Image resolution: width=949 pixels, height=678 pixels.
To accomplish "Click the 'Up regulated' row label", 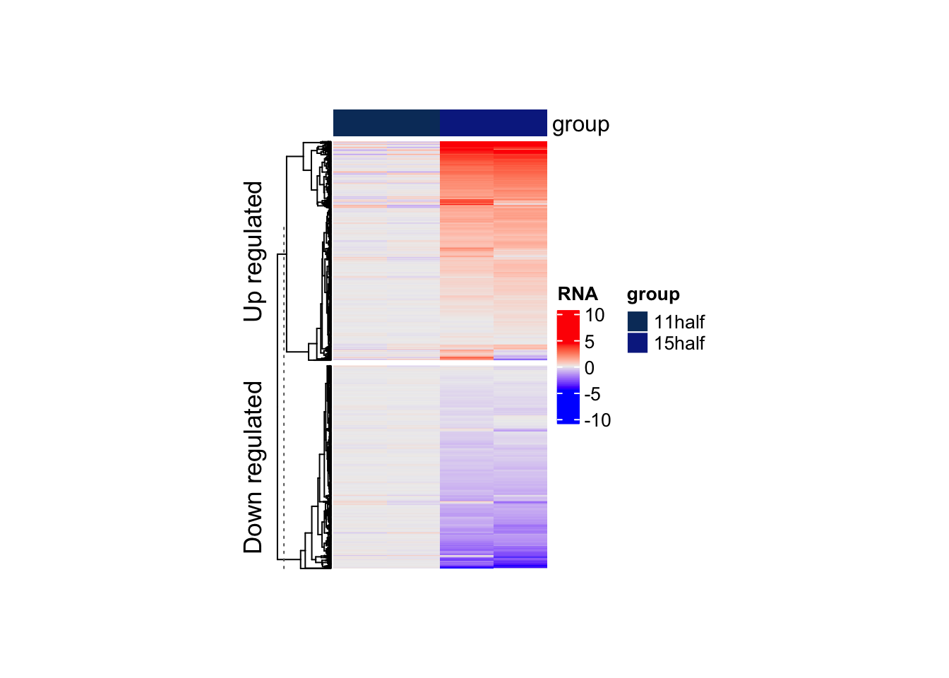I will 253,251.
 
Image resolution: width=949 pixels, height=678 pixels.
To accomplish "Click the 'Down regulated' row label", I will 253,467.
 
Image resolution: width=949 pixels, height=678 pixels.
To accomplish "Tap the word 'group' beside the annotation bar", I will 580,124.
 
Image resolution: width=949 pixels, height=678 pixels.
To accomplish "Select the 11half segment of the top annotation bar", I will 386,123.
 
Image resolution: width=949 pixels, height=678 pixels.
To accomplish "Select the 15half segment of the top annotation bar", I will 493,123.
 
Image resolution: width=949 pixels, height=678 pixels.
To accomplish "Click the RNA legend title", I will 578,294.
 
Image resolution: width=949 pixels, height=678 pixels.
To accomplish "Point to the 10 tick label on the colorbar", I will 595,315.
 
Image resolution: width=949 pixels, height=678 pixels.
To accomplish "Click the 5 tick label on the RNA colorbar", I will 590,342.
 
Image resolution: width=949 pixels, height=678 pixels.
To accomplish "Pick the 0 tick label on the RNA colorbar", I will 590,368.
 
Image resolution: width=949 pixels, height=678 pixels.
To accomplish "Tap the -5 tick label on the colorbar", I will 592,394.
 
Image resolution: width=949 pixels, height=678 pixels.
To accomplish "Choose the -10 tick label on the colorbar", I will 597,420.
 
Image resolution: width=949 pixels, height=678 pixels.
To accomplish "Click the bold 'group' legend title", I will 653,294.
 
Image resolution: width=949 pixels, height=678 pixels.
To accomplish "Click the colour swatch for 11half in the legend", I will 637,321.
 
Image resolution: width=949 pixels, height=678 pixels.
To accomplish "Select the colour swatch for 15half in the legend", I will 637,343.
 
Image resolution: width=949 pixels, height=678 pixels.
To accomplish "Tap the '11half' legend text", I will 679,322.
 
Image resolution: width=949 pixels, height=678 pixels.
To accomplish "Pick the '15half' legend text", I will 679,343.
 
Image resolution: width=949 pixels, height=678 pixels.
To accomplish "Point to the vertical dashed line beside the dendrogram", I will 284,395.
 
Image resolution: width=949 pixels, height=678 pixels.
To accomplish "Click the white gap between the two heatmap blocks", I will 439,362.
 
